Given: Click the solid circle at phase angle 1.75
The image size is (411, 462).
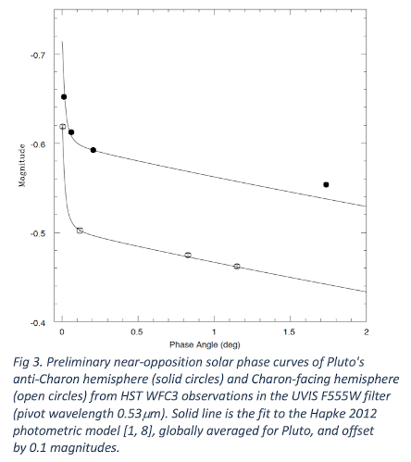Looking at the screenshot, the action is (x=326, y=184).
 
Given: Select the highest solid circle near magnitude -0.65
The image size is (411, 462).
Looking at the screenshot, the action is (x=64, y=97).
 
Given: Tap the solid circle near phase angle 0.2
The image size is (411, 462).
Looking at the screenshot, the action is (x=93, y=150).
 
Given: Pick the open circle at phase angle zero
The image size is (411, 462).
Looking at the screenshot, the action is (x=63, y=127).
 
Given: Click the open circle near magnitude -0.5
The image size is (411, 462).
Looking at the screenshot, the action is (x=80, y=231).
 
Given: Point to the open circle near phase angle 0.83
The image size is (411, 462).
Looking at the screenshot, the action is (x=188, y=255).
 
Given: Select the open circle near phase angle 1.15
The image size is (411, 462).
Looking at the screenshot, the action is (x=237, y=266).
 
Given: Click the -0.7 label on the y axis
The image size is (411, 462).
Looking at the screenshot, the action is (x=38, y=56).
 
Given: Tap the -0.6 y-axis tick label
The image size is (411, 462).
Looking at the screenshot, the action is (x=38, y=144).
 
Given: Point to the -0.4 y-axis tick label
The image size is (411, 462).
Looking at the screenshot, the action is (x=38, y=323).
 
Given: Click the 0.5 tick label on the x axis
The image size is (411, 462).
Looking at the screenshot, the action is (x=137, y=332).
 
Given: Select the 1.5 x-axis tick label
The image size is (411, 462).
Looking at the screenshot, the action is (x=289, y=332).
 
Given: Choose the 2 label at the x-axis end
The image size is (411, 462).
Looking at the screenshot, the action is (x=367, y=332).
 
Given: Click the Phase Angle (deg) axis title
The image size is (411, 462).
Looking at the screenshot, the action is (x=205, y=344).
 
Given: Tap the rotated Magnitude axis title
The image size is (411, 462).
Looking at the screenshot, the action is (x=22, y=166).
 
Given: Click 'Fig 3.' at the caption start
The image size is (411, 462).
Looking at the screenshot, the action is (x=28, y=362).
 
